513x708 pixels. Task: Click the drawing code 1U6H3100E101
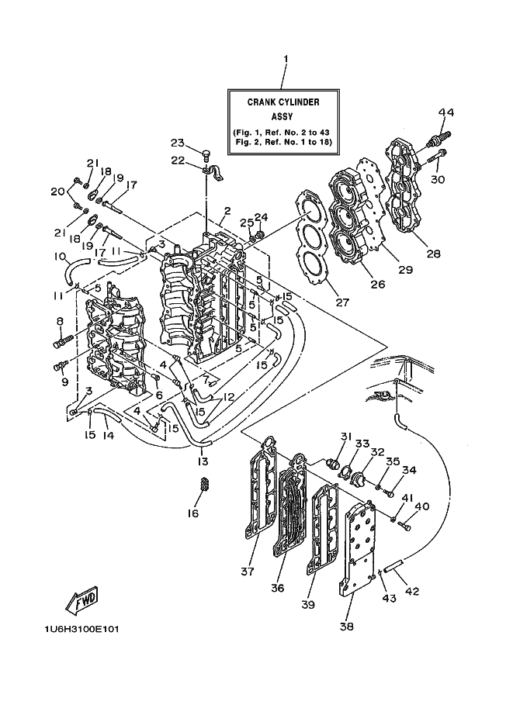81,629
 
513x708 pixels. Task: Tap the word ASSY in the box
282,116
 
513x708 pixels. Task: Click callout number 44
445,112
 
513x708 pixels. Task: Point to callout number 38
347,627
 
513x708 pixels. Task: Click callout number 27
342,302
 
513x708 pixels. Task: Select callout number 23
177,143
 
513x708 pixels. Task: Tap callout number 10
60,257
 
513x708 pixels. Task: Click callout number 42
412,591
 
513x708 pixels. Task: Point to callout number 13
203,461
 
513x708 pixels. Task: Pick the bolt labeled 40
404,525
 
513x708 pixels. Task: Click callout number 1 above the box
285,59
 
